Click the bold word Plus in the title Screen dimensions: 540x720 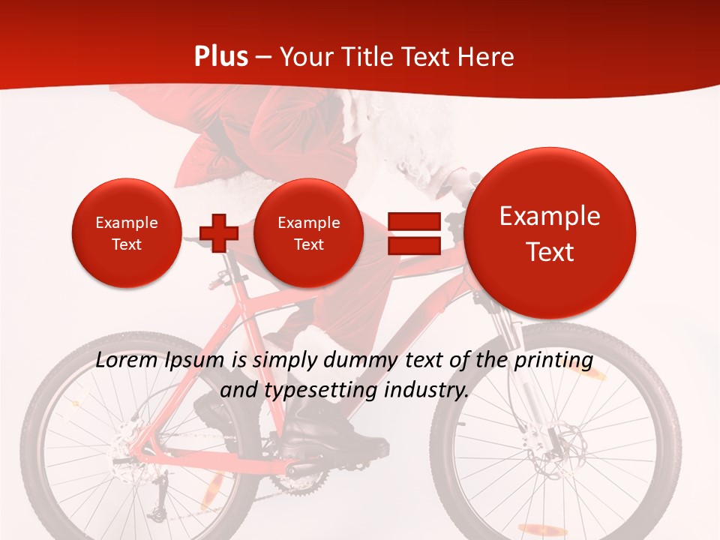(220, 57)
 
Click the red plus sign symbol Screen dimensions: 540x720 (219, 232)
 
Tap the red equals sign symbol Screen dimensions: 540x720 (414, 232)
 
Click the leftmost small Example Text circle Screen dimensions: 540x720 (126, 232)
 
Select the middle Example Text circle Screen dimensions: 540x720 (308, 232)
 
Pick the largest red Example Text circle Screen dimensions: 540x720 (550, 232)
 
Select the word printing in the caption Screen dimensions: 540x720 (555, 361)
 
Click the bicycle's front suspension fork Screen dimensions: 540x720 (517, 352)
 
